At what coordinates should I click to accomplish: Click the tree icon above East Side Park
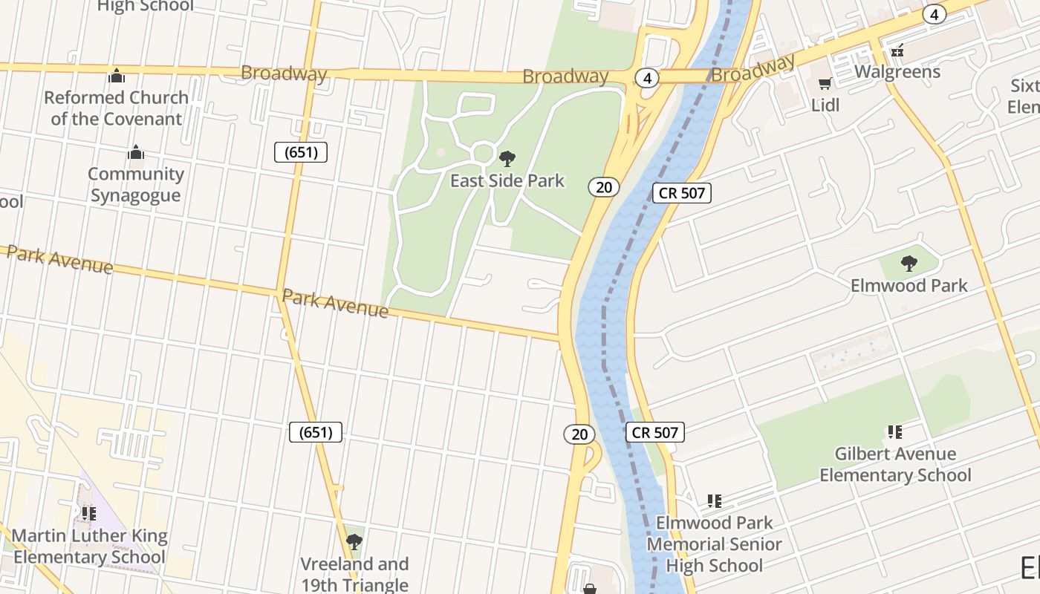[x=507, y=158]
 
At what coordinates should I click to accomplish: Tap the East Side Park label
[x=507, y=180]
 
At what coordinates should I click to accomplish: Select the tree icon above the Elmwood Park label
[x=909, y=264]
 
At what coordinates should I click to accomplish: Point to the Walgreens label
[x=897, y=72]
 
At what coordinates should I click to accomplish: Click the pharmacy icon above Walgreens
[x=897, y=50]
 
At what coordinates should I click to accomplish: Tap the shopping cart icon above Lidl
[x=825, y=84]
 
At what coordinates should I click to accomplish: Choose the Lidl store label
[x=825, y=105]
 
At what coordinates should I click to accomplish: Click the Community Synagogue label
[x=136, y=185]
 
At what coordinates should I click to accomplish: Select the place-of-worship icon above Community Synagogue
[x=136, y=152]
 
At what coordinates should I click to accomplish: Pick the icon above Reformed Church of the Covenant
[x=117, y=76]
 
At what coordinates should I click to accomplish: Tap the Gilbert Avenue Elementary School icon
[x=895, y=432]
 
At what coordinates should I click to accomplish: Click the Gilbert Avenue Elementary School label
[x=895, y=464]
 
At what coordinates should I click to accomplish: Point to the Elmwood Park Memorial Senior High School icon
[x=715, y=501]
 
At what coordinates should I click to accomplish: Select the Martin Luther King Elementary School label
[x=89, y=546]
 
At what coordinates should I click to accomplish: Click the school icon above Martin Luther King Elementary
[x=89, y=513]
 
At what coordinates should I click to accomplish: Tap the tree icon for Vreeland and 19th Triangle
[x=354, y=541]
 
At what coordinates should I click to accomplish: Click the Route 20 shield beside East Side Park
[x=604, y=187]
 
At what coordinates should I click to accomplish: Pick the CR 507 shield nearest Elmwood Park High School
[x=654, y=432]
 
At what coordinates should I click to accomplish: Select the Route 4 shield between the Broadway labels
[x=648, y=78]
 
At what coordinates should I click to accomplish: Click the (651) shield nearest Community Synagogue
[x=301, y=152]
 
